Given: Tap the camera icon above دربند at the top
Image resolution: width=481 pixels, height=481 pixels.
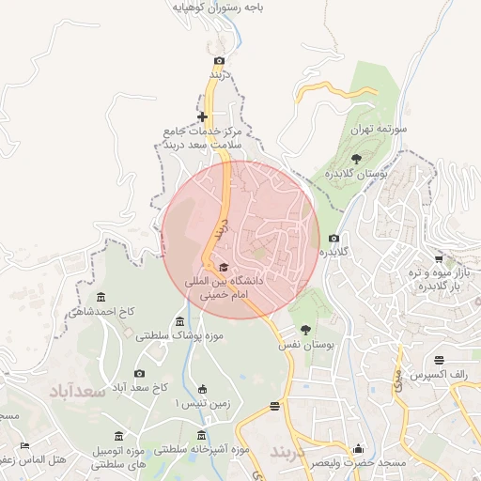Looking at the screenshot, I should tap(220, 61).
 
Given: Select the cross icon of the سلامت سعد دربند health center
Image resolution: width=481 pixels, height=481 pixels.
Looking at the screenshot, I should tap(202, 117).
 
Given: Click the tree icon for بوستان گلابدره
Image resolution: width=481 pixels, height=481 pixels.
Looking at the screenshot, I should tap(356, 159).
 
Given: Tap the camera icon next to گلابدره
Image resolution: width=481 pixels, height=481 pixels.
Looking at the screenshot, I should tap(334, 239).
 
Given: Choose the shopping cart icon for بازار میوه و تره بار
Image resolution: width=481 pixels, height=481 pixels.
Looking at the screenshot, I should tap(439, 258).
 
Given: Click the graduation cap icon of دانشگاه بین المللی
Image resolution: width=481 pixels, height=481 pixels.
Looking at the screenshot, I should tap(223, 268).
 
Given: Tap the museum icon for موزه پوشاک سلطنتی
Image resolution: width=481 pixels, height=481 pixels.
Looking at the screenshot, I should tap(180, 323).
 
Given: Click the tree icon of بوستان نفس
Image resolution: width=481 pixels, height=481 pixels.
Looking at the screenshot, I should tap(305, 330).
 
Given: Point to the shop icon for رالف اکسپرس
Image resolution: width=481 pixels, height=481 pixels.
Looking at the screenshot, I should tap(440, 360).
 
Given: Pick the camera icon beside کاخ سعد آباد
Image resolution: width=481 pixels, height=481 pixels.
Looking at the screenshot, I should tap(140, 374).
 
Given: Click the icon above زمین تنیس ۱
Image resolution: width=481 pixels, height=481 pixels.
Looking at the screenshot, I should tap(202, 390).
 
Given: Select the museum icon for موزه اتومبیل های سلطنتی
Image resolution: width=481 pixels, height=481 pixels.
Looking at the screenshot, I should tap(117, 437).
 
